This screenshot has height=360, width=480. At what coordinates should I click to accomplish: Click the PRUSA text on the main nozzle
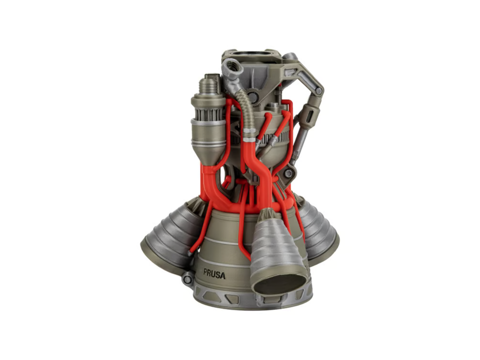click(x=214, y=274)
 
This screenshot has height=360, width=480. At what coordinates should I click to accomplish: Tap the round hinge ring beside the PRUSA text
click(x=187, y=278)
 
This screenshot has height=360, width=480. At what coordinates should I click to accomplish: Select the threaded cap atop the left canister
click(x=210, y=84)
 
